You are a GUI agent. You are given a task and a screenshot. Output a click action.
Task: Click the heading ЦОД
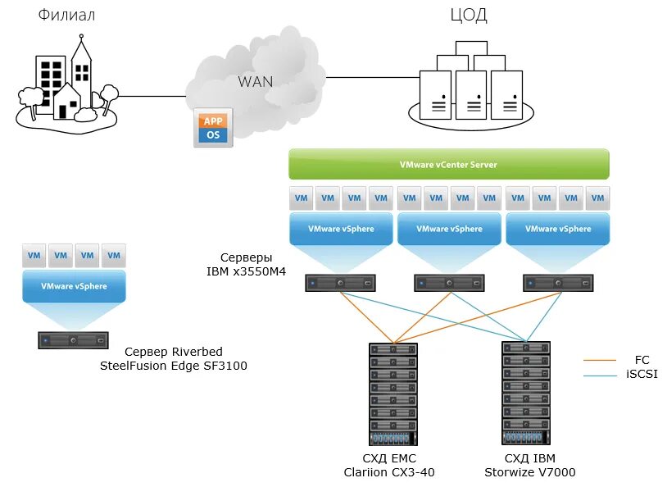click(470, 16)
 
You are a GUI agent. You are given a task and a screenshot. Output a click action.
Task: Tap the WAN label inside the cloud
click(255, 81)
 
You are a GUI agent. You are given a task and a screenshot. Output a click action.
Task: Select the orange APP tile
click(213, 121)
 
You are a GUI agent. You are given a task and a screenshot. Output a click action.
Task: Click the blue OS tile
click(213, 134)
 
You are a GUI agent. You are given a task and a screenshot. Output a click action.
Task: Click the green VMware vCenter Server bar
click(448, 164)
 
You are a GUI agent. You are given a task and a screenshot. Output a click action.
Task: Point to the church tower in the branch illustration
click(82, 61)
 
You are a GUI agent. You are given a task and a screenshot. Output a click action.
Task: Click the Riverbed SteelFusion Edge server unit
click(73, 339)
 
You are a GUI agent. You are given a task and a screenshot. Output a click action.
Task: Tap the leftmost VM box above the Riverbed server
click(34, 255)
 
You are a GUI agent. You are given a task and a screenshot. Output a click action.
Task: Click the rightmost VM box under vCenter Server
click(599, 198)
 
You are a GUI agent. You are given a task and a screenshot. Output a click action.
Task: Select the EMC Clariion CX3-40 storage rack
click(393, 394)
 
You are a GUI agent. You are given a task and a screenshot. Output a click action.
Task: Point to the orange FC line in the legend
click(600, 360)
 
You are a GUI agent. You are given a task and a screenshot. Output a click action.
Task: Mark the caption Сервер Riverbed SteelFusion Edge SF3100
click(173, 359)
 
